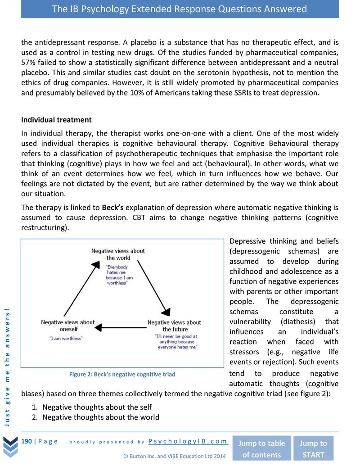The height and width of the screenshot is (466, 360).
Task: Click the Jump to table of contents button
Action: coord(261,448)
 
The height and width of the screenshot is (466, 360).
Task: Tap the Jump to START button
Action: coord(314,448)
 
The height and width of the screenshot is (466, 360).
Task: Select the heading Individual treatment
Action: coord(57,120)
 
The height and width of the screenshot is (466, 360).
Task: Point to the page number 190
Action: coord(27,441)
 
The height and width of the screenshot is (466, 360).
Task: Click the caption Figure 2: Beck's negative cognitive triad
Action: coord(122,374)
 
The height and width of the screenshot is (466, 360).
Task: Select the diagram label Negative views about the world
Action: coord(118,254)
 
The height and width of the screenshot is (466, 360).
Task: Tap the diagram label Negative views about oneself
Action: coord(67,326)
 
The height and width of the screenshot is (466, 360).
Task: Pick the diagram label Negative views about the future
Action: coord(174,326)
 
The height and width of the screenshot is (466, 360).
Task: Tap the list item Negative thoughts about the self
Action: coord(97,407)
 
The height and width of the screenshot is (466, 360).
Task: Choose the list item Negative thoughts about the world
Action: coord(100,417)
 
